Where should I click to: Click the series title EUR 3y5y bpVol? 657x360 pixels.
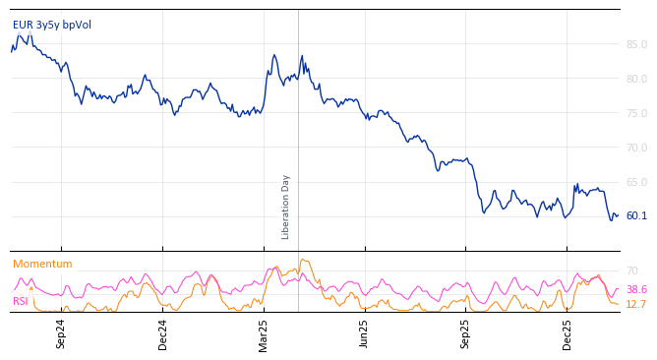coord(51,25)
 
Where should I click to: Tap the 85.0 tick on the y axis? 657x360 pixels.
coord(636,44)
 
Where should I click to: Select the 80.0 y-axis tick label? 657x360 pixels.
coord(636,79)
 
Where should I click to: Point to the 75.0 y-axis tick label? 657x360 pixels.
coord(636,113)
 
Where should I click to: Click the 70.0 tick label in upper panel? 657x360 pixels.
coord(636,148)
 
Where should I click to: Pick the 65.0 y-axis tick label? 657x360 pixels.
coord(636,182)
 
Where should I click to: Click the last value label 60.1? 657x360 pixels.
coord(636,216)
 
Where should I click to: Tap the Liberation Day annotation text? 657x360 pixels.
coord(286,207)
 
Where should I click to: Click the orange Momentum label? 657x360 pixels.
coord(42,264)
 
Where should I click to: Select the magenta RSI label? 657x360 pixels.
coord(20,301)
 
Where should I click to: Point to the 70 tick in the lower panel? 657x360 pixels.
coord(631,270)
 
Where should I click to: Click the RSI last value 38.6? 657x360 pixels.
coord(636,289)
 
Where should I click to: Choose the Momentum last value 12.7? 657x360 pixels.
coord(636,305)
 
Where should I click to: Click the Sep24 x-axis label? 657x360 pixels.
coord(61,333)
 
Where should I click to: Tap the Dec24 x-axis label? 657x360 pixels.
coord(163,333)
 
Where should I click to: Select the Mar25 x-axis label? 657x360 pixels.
coord(264,333)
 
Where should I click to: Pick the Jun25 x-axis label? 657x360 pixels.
coord(365,333)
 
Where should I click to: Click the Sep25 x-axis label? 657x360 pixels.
coord(466,333)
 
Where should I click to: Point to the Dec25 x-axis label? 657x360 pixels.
coord(567,333)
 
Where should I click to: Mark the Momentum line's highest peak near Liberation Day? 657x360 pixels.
coord(303,260)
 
